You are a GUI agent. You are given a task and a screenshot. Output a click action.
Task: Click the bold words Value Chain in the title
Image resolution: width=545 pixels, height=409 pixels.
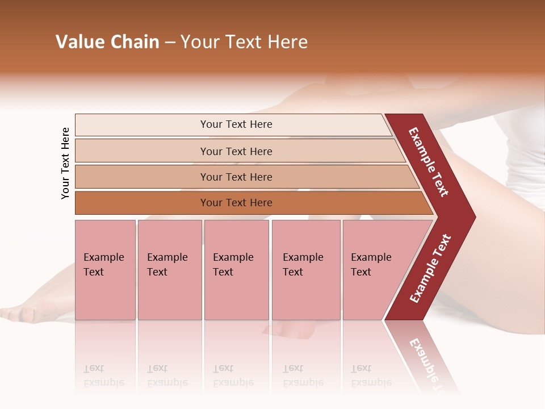click(x=107, y=42)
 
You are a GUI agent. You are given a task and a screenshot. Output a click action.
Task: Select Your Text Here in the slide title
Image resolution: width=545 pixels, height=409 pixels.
click(x=244, y=42)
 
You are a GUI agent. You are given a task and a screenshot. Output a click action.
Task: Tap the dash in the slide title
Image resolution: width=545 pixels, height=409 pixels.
click(x=170, y=43)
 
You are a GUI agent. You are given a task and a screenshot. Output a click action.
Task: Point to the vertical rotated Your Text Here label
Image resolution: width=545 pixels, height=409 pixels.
click(x=65, y=163)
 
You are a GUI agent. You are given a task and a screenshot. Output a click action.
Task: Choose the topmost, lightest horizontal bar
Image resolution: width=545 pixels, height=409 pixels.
click(x=236, y=124)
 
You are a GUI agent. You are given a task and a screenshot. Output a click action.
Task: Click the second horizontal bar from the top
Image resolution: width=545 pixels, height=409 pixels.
click(x=236, y=151)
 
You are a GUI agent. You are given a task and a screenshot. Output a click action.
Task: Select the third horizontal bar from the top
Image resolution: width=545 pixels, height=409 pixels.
click(x=236, y=177)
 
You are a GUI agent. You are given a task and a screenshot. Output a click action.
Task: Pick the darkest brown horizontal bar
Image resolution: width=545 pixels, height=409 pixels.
click(x=236, y=203)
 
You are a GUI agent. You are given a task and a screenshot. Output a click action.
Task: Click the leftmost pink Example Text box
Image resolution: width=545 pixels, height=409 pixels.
click(x=105, y=270)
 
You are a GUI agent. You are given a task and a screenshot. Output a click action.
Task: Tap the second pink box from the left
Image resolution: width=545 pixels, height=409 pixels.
click(x=169, y=270)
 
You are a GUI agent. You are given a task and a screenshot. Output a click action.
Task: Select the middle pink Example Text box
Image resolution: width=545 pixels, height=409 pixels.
click(x=236, y=270)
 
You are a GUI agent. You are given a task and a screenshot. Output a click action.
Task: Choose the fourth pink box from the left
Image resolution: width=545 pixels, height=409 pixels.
click(x=305, y=270)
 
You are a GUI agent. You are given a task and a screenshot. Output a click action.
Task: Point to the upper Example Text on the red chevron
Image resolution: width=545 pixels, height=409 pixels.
click(x=429, y=162)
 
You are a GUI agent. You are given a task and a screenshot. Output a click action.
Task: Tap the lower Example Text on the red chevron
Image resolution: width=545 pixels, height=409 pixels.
click(x=430, y=269)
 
